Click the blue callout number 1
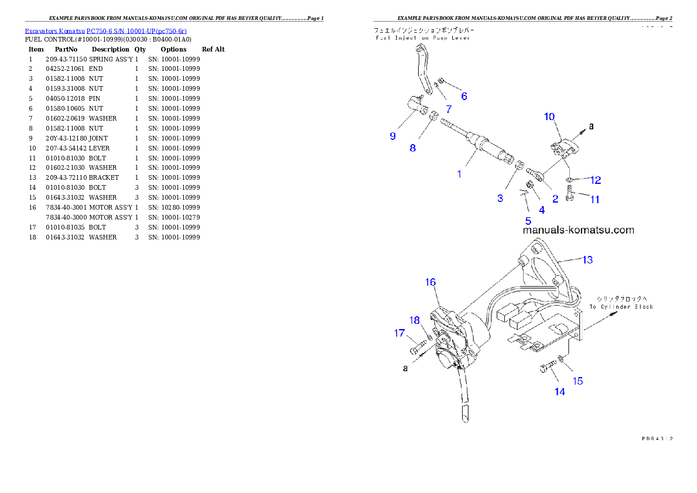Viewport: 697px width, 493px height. [459, 174]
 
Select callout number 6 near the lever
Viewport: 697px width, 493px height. [464, 96]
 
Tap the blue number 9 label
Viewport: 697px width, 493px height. [392, 136]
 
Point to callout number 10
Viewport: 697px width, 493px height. [549, 117]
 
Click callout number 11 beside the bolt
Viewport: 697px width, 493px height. [594, 200]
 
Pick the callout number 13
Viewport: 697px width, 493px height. [587, 259]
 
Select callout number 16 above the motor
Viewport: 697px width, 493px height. [430, 282]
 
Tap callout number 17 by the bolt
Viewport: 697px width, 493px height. [399, 333]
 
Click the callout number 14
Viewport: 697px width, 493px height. [560, 392]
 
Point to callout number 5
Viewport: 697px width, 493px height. [528, 221]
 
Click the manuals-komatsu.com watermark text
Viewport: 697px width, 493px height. [578, 230]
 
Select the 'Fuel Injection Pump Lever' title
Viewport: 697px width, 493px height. [423, 38]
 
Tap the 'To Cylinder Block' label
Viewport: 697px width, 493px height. [621, 307]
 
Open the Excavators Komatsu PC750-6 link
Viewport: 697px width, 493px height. [105, 31]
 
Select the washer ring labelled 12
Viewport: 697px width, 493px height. [569, 178]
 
